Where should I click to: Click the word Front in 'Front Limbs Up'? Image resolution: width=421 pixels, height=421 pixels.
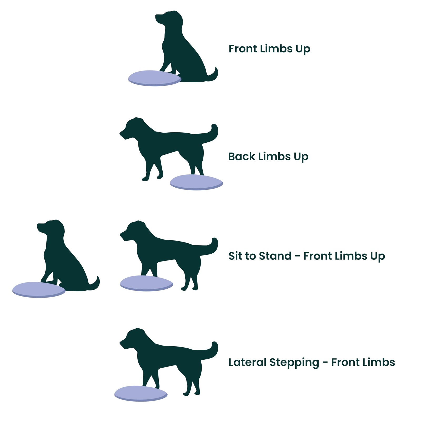242,49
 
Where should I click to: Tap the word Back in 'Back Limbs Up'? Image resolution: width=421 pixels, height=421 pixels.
241,156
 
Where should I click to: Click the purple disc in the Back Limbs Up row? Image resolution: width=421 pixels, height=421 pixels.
196,182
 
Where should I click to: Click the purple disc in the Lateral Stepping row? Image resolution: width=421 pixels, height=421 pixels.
141,393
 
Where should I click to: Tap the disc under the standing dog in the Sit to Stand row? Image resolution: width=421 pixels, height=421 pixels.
146,283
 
